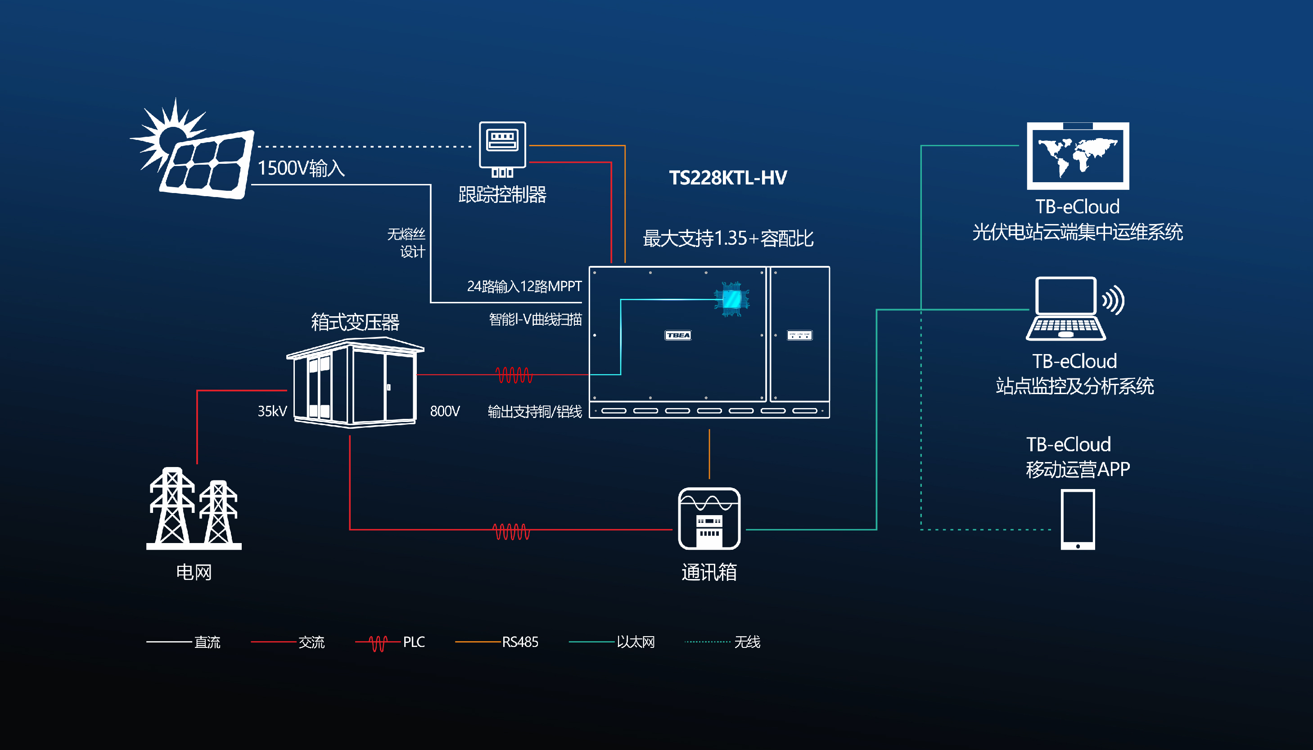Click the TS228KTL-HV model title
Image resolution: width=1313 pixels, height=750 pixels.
pyautogui.click(x=727, y=178)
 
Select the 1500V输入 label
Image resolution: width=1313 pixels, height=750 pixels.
pyautogui.click(x=301, y=168)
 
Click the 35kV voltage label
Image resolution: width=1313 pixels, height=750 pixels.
pyautogui.click(x=272, y=411)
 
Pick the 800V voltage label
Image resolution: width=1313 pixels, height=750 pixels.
pyautogui.click(x=445, y=411)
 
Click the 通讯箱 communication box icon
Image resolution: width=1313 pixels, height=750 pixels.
pyautogui.click(x=709, y=519)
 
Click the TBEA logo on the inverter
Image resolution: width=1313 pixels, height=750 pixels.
pyautogui.click(x=677, y=335)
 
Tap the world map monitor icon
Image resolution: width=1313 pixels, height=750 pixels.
pyautogui.click(x=1078, y=156)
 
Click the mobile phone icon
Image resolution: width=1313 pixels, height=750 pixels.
pyautogui.click(x=1078, y=519)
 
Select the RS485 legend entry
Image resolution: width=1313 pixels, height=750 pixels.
pyautogui.click(x=497, y=642)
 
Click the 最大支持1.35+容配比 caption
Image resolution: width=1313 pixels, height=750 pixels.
pyautogui.click(x=727, y=238)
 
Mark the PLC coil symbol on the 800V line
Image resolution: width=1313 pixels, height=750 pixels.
pyautogui.click(x=514, y=375)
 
